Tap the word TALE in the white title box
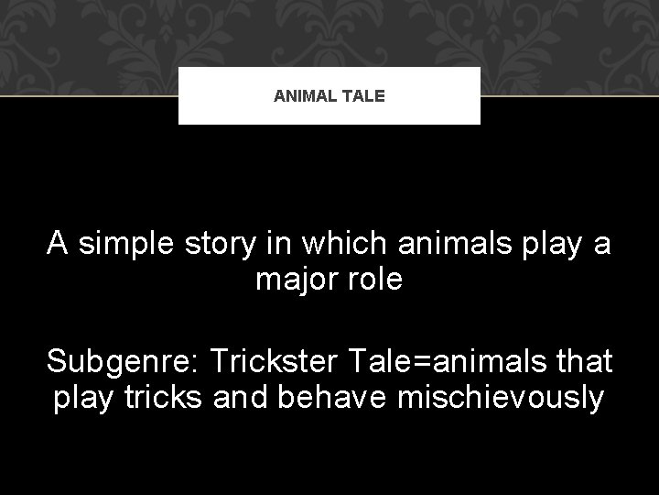click(368, 94)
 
